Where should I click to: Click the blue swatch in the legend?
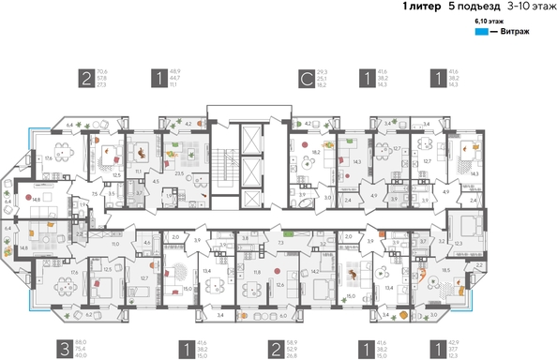tap(479, 31)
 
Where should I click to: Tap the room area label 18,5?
tap(444, 269)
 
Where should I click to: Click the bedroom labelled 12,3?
tap(458, 243)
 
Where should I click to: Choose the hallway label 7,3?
tap(280, 243)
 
